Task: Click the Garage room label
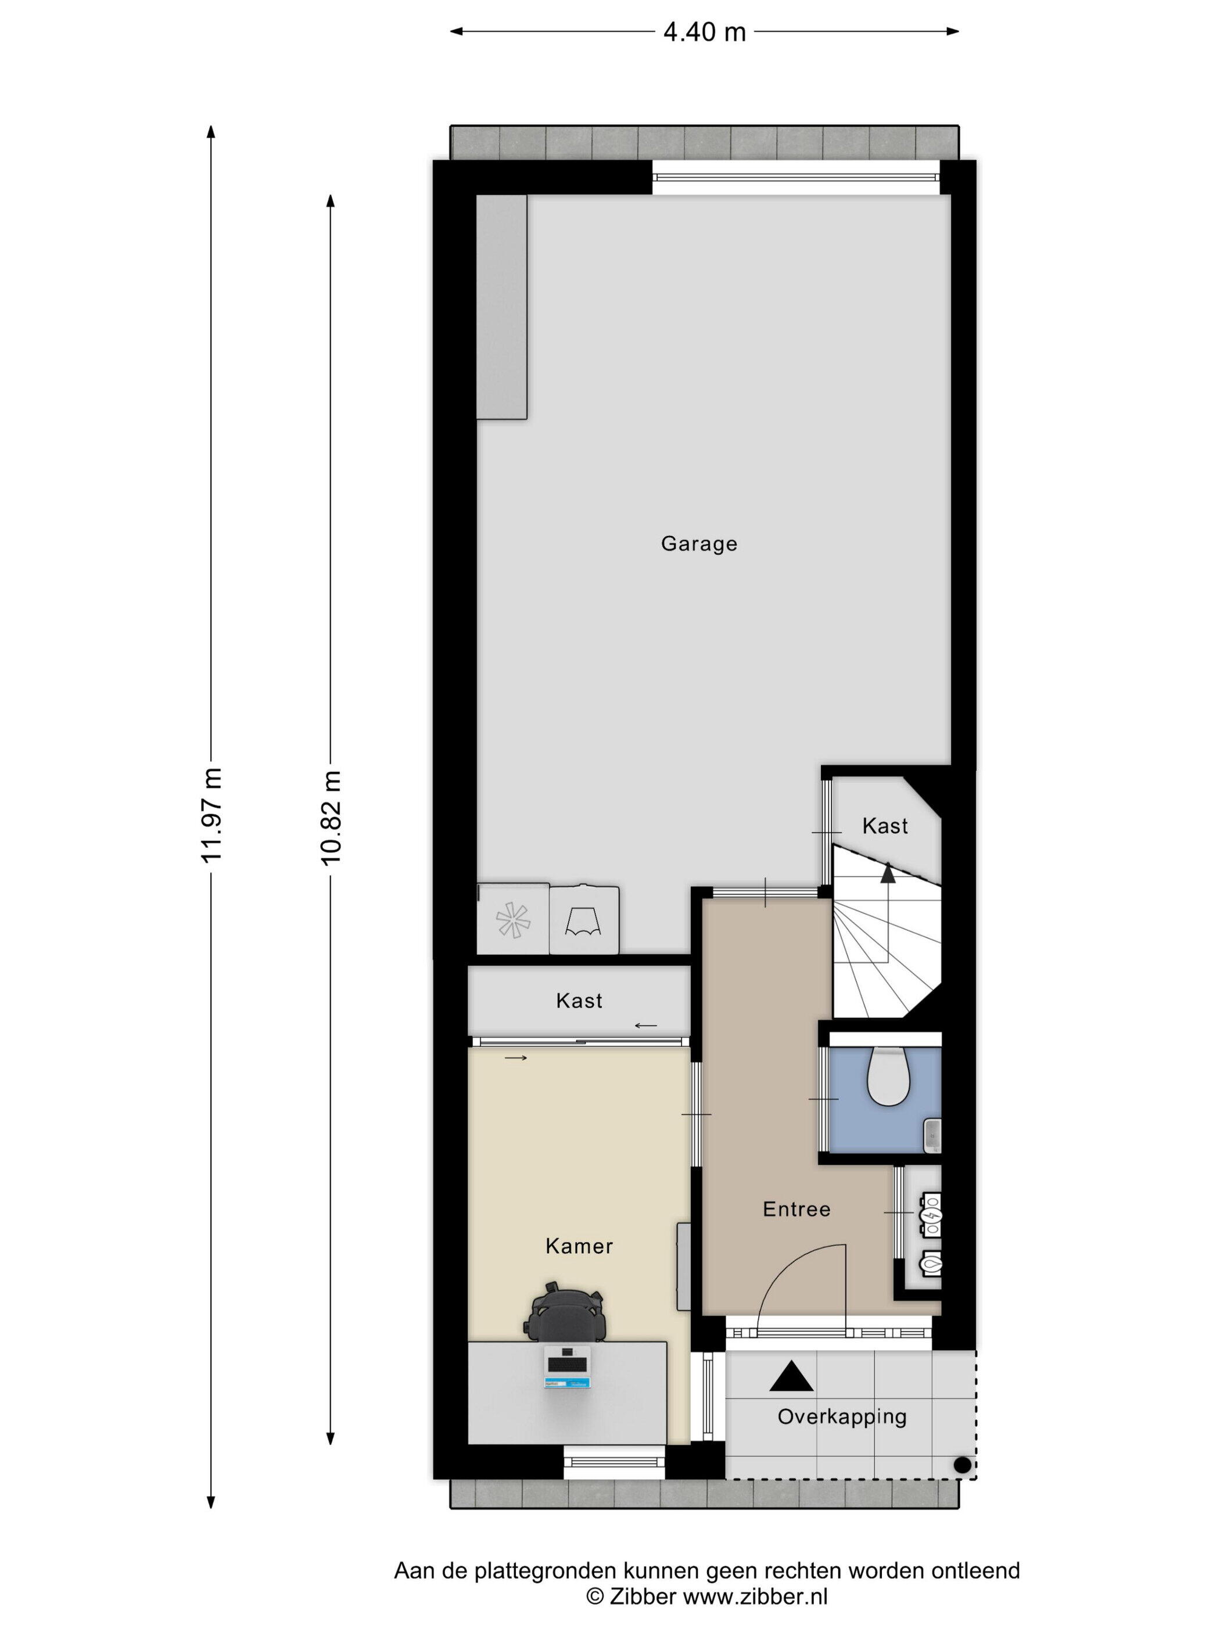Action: click(x=699, y=544)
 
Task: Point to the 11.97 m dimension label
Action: click(x=212, y=815)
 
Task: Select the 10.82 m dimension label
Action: click(x=332, y=818)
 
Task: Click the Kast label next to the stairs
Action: click(x=885, y=826)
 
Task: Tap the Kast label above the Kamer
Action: click(x=579, y=1001)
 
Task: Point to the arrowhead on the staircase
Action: click(x=888, y=873)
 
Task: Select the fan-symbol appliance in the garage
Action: click(x=512, y=919)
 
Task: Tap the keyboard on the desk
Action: click(x=566, y=1364)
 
